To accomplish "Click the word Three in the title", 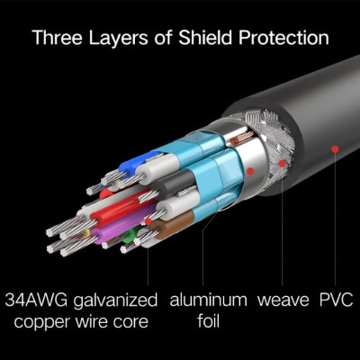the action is click(57, 37).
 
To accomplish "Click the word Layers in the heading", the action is click(118, 39).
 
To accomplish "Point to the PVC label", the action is click(336, 300).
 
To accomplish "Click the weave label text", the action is click(283, 301).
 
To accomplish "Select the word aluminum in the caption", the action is click(209, 300).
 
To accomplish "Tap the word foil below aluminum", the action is click(209, 321).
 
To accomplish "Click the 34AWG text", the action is click(37, 300).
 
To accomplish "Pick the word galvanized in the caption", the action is click(115, 301).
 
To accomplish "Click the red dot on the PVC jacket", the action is click(335, 148).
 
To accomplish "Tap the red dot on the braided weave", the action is click(282, 164).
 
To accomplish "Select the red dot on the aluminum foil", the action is click(250, 171).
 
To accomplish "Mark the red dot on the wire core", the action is click(148, 221).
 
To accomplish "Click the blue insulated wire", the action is click(138, 164).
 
